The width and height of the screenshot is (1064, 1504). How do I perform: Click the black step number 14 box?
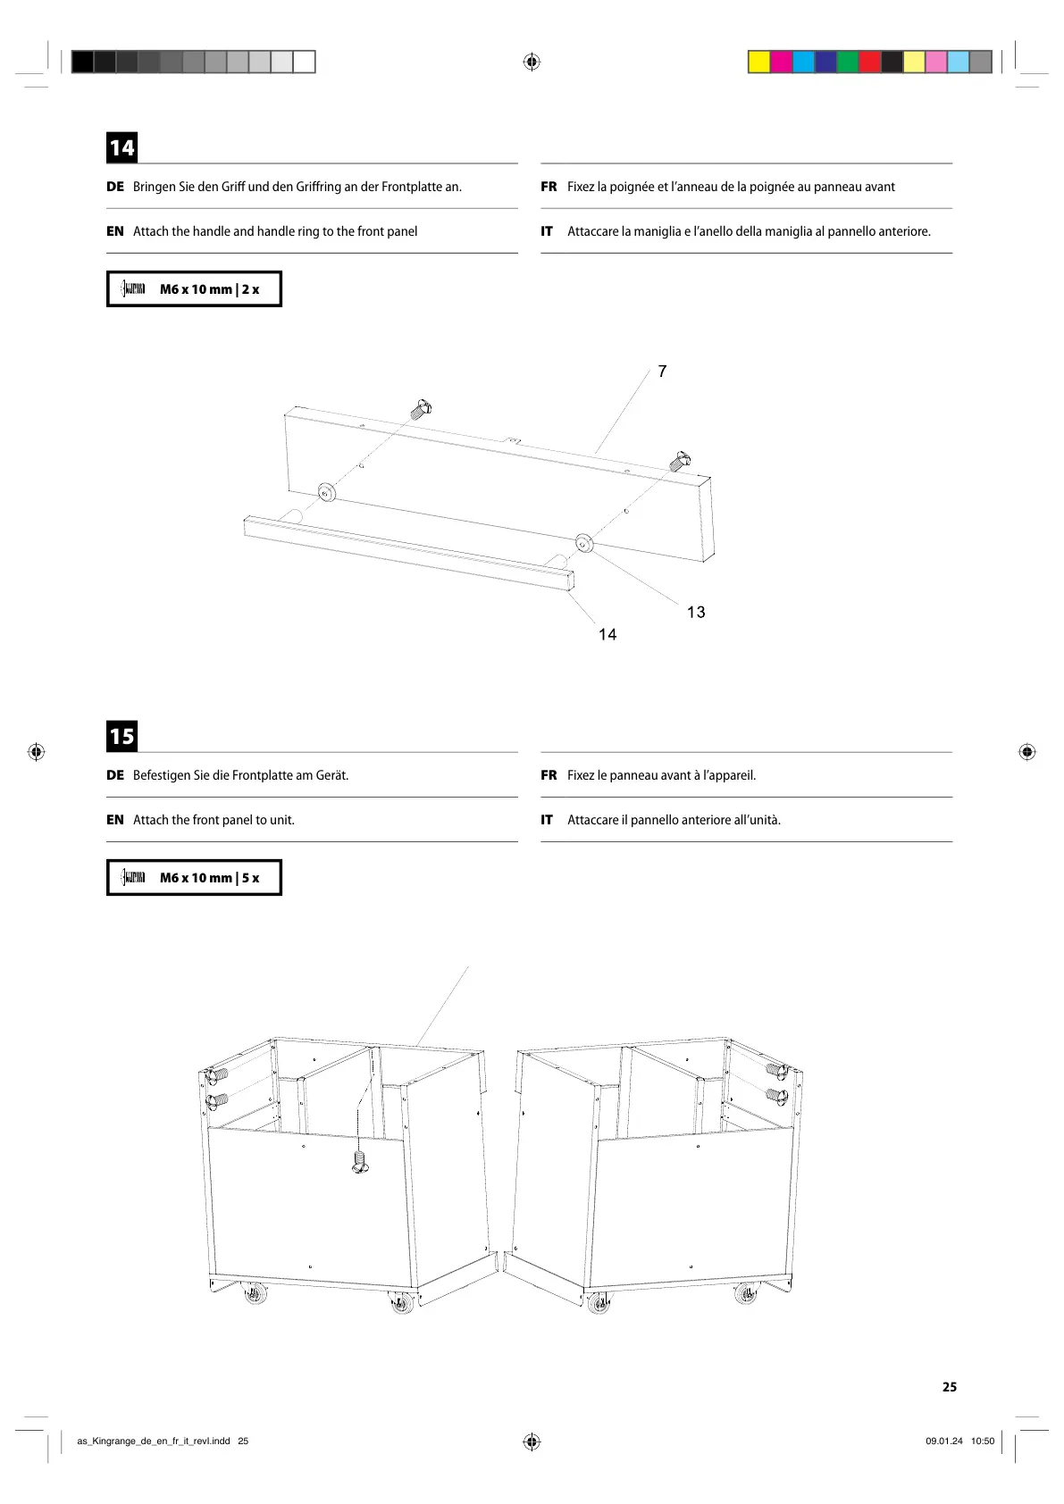122,147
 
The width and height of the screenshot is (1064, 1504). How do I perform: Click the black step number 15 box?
122,736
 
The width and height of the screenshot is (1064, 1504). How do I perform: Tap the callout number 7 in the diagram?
662,372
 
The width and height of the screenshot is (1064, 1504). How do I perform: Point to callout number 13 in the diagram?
696,612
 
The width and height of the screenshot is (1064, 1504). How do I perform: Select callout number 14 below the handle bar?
607,634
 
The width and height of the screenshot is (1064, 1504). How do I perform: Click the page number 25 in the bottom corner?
949,1387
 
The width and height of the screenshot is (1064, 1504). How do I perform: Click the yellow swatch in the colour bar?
759,62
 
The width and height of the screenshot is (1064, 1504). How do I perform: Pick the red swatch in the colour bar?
869,62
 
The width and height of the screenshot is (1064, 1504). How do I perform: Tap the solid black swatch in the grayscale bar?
82,62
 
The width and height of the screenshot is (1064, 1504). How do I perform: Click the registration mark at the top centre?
532,62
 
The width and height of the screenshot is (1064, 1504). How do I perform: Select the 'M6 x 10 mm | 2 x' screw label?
209,289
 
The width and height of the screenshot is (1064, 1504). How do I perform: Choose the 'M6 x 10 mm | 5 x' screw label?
209,878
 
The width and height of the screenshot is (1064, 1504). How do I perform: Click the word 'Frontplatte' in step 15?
264,775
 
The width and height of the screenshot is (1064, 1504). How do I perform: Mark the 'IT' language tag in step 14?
547,231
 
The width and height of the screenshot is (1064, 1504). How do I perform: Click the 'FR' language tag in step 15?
549,775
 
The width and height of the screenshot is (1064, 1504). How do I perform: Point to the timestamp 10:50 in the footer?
982,1441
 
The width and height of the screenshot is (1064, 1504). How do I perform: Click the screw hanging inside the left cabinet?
360,1162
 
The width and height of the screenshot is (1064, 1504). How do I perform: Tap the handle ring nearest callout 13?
584,542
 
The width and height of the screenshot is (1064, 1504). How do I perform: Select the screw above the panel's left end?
421,410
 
